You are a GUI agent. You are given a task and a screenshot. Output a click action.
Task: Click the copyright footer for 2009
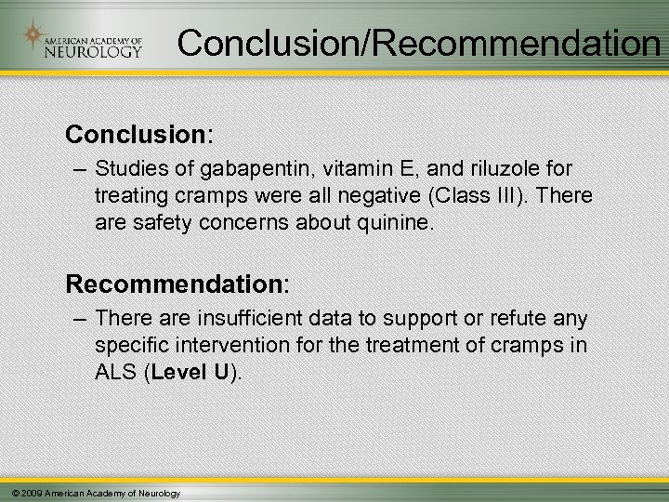click(92, 492)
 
